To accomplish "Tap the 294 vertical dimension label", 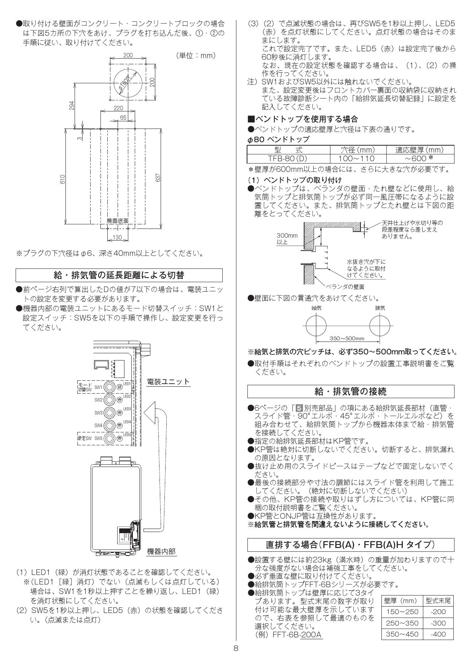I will [x=72, y=105].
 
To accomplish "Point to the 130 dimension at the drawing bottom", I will [x=117, y=238].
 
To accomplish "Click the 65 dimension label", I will [x=123, y=118].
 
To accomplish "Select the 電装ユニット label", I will [x=168, y=381].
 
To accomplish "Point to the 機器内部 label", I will [x=161, y=551].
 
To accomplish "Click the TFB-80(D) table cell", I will [x=288, y=159].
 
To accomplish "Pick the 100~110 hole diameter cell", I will [x=357, y=159].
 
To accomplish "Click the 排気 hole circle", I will [x=380, y=327].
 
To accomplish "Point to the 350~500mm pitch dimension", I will [x=347, y=338].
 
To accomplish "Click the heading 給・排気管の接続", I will [x=350, y=391].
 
